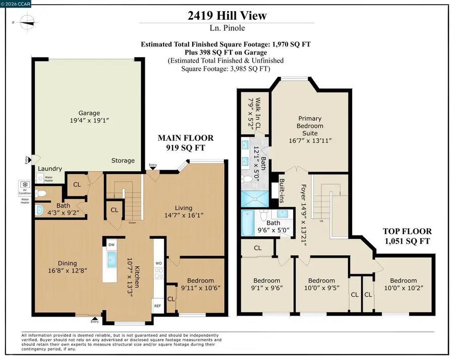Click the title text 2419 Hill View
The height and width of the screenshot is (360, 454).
(x=226, y=16)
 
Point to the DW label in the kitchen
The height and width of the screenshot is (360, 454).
(x=111, y=244)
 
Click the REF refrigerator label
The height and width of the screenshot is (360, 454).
(x=157, y=306)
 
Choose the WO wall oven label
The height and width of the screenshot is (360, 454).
(x=158, y=263)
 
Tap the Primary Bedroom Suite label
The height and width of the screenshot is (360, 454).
(x=310, y=126)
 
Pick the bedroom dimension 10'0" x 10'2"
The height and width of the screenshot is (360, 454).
(x=403, y=288)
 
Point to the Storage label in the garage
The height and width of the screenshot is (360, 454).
(x=123, y=161)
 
